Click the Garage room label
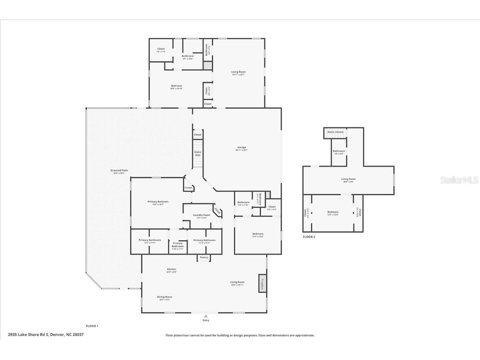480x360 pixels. click(241, 147)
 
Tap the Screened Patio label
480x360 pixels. click(119, 171)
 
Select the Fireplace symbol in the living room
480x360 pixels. click(262, 283)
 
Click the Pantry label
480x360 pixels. click(204, 258)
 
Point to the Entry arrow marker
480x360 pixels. click(206, 316)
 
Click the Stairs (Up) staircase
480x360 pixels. click(198, 154)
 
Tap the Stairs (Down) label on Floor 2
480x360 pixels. click(335, 132)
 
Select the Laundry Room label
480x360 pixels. click(201, 215)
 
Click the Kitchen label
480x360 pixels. click(171, 269)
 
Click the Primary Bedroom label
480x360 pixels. click(158, 202)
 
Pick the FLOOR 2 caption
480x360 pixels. click(309, 237)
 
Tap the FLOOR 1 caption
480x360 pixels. click(92, 326)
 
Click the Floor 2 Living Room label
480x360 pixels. click(348, 179)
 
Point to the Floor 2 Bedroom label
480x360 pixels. click(333, 212)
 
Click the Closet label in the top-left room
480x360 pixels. click(161, 49)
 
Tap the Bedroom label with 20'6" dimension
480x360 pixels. click(176, 86)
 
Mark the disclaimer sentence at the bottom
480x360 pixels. click(240, 335)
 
